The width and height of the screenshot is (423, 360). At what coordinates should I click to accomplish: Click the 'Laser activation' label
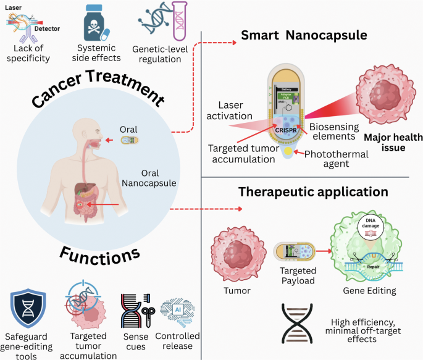pos(232,109)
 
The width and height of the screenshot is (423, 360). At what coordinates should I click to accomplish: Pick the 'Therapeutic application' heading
pos(313,191)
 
